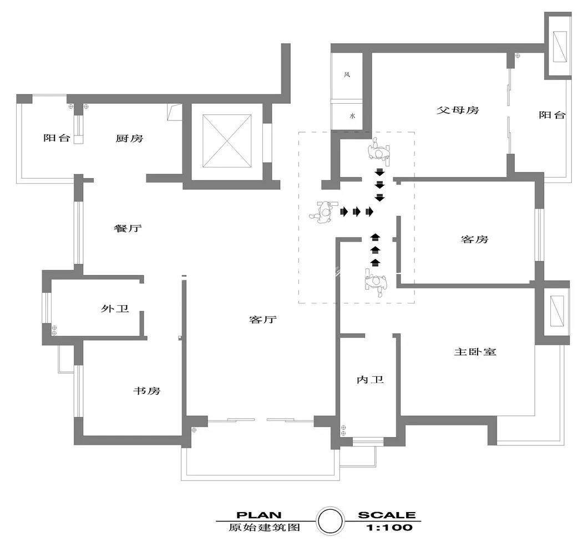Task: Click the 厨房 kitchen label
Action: (x=129, y=138)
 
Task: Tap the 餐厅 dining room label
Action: (x=128, y=228)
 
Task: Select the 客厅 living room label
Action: (x=263, y=320)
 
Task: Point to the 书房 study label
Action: (x=146, y=391)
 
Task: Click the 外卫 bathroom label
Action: (x=115, y=308)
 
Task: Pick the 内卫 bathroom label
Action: (x=370, y=380)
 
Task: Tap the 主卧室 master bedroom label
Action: (x=475, y=352)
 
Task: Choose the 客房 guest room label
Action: (x=474, y=239)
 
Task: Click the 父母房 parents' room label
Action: (x=458, y=110)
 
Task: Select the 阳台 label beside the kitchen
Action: (x=57, y=138)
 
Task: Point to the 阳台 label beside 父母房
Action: (x=552, y=115)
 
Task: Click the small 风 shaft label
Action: (x=347, y=74)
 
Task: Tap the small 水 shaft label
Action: (x=352, y=116)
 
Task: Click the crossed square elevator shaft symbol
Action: (x=227, y=141)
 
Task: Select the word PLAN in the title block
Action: (x=258, y=515)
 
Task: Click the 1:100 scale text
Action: (x=389, y=528)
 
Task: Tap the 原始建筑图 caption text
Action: (x=265, y=528)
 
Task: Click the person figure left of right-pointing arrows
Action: (x=322, y=212)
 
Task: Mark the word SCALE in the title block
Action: (x=387, y=515)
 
